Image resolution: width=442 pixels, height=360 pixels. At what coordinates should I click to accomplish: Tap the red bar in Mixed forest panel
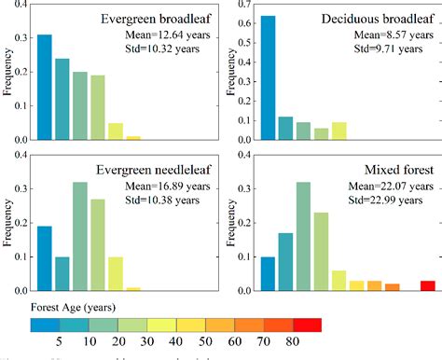pyautogui.click(x=427, y=285)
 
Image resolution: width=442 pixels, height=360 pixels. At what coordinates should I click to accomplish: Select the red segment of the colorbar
pyautogui.click(x=308, y=325)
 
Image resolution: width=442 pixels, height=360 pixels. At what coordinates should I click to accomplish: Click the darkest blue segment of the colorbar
pyautogui.click(x=44, y=325)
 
